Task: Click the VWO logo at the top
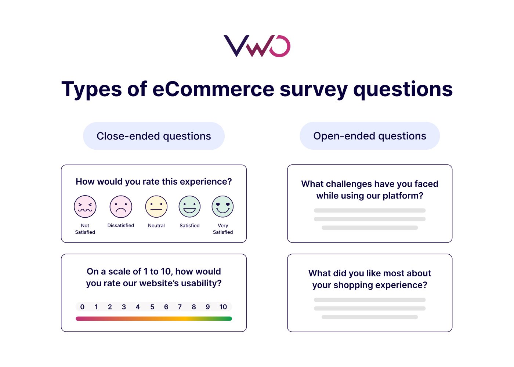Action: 257,46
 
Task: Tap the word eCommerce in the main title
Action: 213,89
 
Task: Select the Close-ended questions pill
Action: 154,136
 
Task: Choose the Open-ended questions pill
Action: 370,136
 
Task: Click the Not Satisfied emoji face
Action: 85,207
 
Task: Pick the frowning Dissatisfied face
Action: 121,207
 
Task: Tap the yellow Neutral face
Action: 156,207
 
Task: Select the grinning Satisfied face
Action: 189,207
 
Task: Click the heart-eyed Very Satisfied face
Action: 223,207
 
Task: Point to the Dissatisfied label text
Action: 121,225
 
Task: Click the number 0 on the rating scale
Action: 82,307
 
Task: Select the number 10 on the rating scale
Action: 223,307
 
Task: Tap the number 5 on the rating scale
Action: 152,307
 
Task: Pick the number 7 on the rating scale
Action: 180,307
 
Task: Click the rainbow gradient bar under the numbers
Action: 154,319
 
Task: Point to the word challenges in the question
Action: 349,184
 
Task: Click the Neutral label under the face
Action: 156,225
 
